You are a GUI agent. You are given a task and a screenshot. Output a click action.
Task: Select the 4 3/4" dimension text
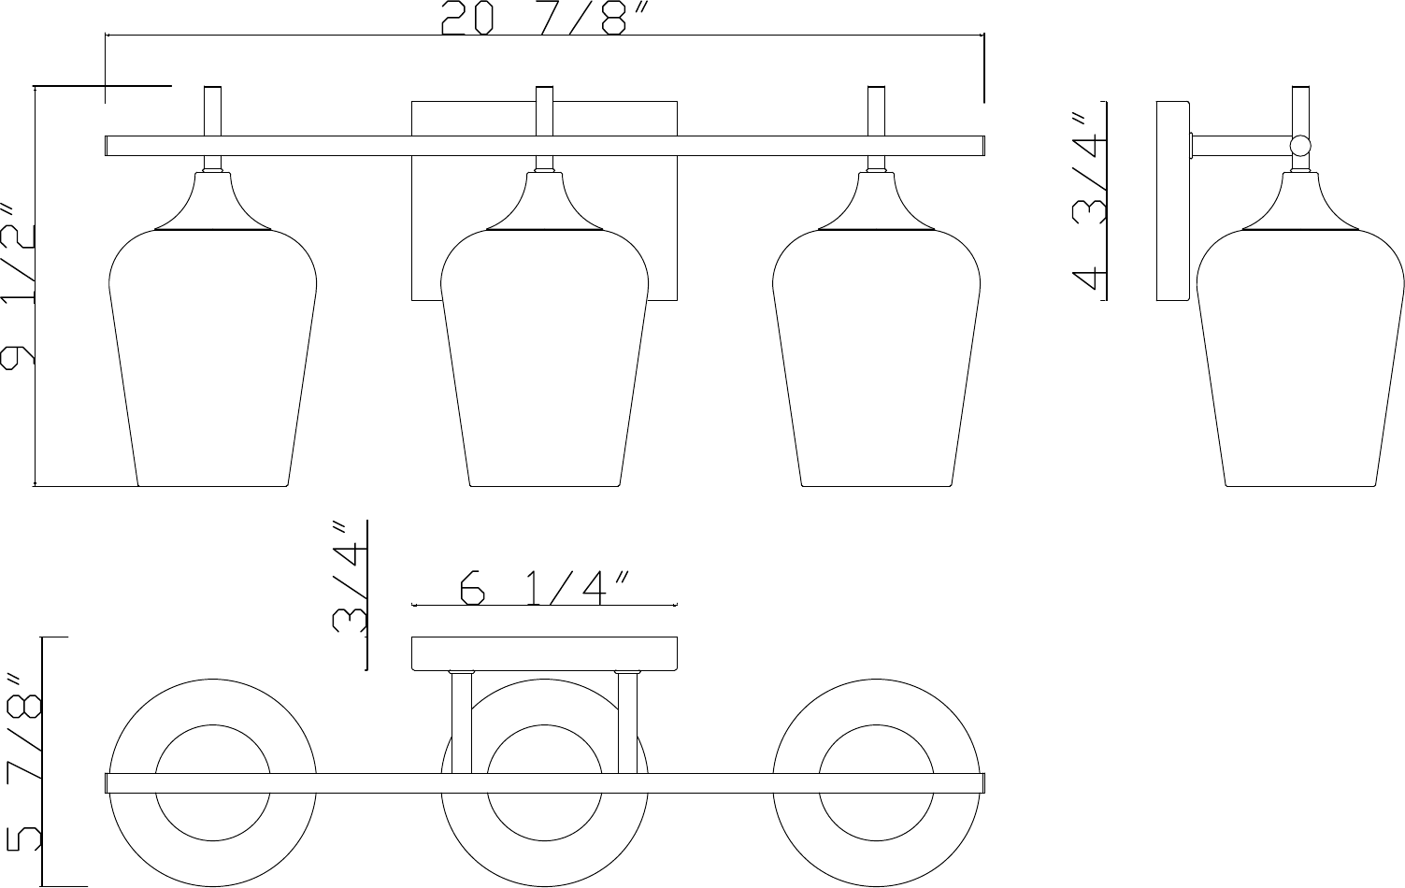[x=1087, y=202]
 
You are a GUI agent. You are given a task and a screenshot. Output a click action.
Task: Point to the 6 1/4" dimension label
[x=543, y=588]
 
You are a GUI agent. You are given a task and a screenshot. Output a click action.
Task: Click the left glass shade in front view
[x=212, y=357]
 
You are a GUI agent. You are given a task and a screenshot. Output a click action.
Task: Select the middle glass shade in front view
[x=544, y=357]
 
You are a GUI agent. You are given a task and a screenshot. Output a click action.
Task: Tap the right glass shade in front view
[x=876, y=357]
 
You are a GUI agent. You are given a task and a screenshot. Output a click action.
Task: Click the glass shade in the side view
[x=1300, y=357]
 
